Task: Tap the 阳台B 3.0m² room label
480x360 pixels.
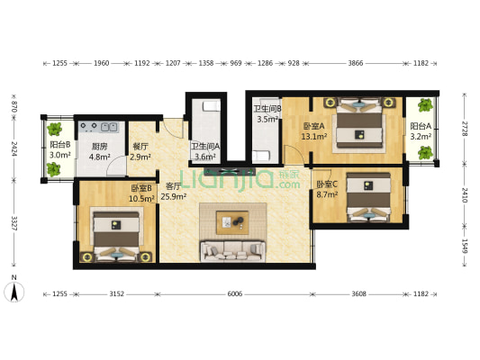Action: tap(60, 149)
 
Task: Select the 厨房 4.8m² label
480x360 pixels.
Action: tap(100, 152)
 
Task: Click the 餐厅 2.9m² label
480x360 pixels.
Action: tap(140, 152)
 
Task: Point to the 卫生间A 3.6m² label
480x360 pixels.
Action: tap(205, 151)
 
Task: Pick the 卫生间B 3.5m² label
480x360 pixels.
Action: tap(267, 113)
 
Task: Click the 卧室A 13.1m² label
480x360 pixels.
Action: tap(313, 130)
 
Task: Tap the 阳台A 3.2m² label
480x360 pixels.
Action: tap(421, 130)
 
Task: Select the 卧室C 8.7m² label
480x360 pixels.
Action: tap(327, 189)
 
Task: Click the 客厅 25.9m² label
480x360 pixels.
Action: tap(174, 191)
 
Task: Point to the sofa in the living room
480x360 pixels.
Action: tap(232, 251)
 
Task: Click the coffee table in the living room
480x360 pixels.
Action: tap(232, 222)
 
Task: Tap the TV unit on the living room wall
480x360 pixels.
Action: tap(230, 172)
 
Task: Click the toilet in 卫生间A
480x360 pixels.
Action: tap(212, 106)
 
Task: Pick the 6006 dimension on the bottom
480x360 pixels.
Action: tap(235, 294)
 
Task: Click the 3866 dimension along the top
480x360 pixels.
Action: tap(356, 63)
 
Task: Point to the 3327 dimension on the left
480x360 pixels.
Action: tap(14, 223)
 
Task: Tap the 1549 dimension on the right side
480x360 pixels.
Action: tap(465, 246)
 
